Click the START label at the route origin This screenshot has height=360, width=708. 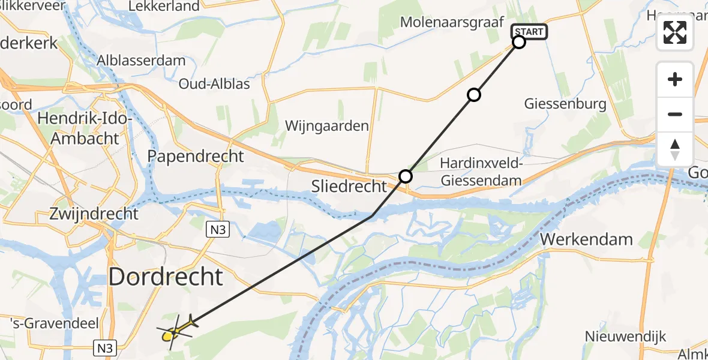click(529, 32)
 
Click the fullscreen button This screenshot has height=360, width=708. click(675, 32)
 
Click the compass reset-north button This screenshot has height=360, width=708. click(675, 149)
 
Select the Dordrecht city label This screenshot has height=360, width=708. click(166, 277)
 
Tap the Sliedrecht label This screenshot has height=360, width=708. click(350, 186)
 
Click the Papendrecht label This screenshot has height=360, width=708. click(196, 157)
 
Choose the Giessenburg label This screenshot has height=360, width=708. click(565, 104)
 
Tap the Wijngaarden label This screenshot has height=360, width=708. click(326, 126)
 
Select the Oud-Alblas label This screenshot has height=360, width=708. click(215, 83)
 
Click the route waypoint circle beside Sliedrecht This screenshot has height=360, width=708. click(406, 176)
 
